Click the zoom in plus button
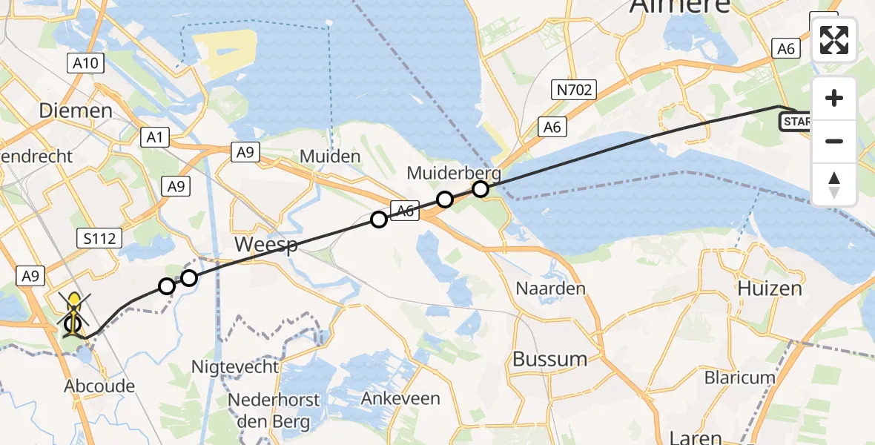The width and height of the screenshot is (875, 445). point(834,99)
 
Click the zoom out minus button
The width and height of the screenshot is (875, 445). point(834,141)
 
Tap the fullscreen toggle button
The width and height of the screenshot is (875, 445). point(834,39)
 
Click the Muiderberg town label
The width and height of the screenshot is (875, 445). point(454,174)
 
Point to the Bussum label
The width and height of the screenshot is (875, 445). point(550,359)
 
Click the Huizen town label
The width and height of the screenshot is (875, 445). point(770,289)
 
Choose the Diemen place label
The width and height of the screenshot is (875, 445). point(76,111)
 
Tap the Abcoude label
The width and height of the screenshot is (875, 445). point(99,386)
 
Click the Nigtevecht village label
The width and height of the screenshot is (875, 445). point(235,366)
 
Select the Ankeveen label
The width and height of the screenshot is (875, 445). point(400,398)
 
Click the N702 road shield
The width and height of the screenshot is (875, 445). point(572,90)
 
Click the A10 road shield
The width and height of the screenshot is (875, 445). point(87,64)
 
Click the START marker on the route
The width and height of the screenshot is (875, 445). point(796,121)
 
